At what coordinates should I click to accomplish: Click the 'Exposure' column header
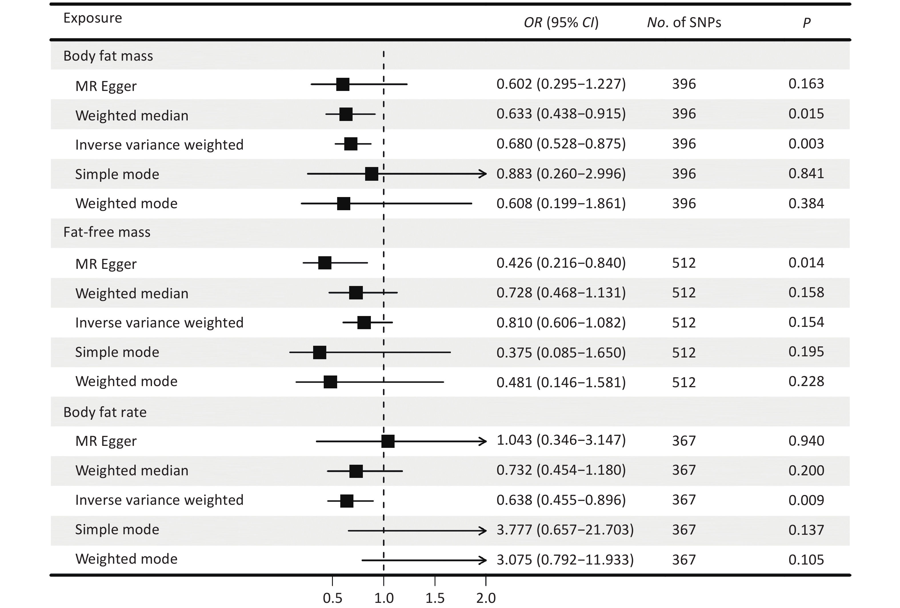point(93,18)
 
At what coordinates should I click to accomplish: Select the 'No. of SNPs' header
point(684,23)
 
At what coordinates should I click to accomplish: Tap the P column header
point(806,23)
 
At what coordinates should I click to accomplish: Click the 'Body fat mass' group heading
point(108,56)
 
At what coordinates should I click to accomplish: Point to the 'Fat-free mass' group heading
point(107,232)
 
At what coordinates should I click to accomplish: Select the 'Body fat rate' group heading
point(105,412)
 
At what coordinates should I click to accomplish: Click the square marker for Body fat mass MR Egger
point(343,84)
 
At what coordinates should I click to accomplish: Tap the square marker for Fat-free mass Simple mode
point(319,352)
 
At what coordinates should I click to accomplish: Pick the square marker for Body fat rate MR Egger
point(388,441)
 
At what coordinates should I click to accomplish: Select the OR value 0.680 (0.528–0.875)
point(561,144)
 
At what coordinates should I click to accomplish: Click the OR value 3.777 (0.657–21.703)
point(565,530)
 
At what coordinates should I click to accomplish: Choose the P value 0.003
point(806,144)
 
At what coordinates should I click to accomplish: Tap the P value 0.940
point(806,441)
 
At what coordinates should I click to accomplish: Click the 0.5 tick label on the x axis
point(332,598)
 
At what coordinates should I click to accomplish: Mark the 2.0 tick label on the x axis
point(486,598)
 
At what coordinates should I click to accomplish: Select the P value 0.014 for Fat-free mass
point(806,263)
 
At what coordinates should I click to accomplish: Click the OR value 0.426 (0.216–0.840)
point(561,263)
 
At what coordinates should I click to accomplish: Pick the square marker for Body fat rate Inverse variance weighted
point(347,501)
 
